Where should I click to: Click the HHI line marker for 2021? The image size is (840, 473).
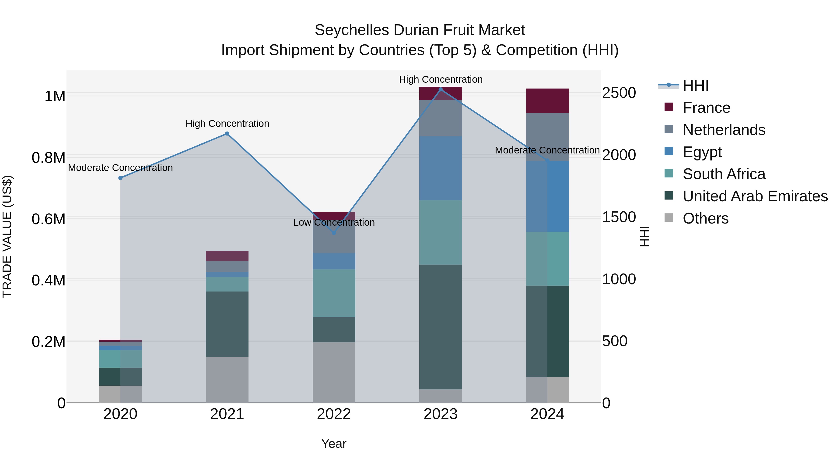click(227, 134)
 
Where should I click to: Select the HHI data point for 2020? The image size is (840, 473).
click(120, 178)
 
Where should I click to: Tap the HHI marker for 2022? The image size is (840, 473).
click(334, 233)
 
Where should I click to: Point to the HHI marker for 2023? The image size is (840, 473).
click(441, 89)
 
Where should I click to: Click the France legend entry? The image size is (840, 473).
click(706, 108)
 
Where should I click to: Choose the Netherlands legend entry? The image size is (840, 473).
click(724, 130)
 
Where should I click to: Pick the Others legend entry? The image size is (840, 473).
click(706, 218)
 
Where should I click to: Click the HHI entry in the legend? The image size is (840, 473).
click(696, 85)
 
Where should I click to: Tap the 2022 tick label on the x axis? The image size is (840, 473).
click(334, 414)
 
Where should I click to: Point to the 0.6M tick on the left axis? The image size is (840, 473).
click(49, 219)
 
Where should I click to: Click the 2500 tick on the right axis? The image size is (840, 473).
click(619, 93)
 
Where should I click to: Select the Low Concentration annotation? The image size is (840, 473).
click(334, 222)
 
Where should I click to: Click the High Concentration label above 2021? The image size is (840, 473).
click(227, 124)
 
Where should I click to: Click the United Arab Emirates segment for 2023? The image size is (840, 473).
click(441, 327)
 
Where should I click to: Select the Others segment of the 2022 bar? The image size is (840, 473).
click(334, 372)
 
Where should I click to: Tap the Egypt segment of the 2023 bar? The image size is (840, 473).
click(441, 168)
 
